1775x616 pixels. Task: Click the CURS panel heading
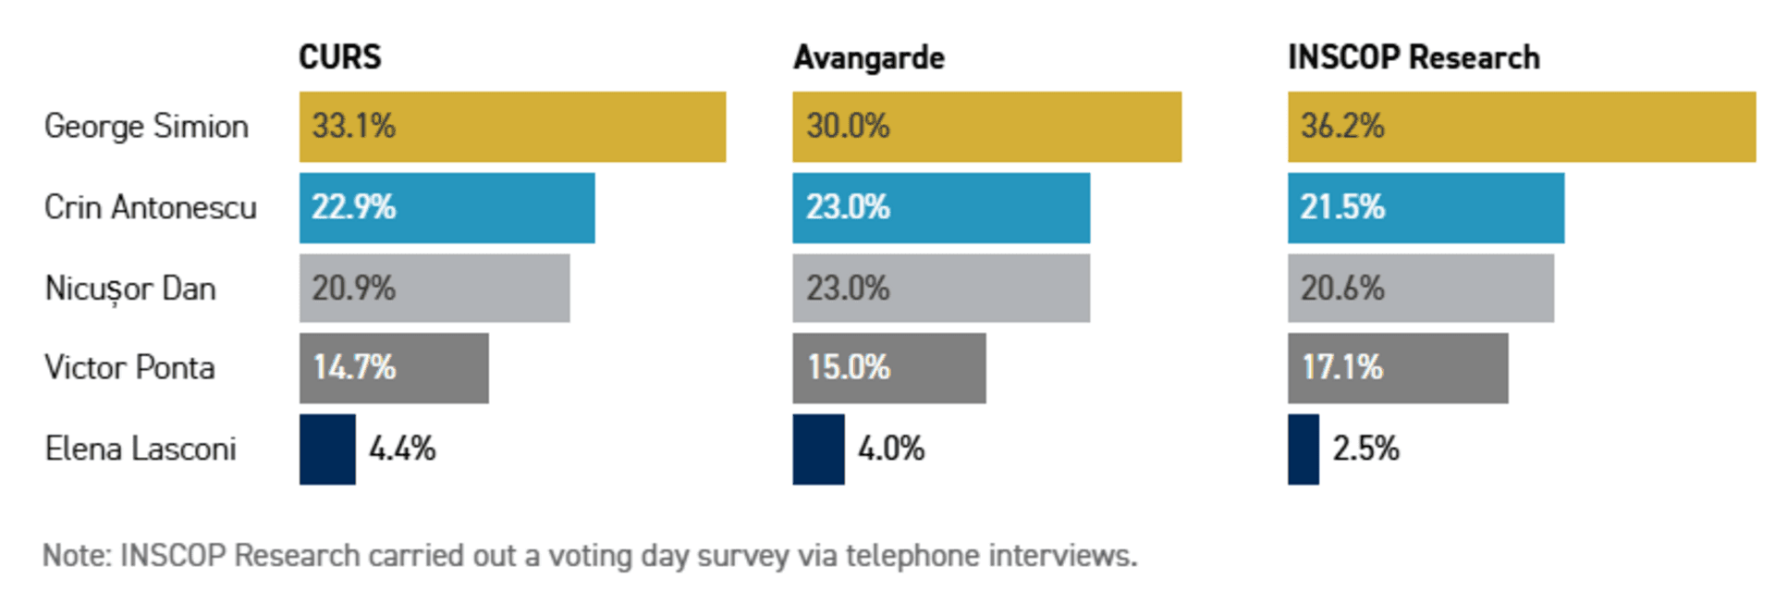[339, 57]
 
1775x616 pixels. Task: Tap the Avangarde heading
[868, 58]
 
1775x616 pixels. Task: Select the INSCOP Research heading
[1413, 57]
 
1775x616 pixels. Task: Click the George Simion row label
[146, 126]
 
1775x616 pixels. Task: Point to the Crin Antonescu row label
[150, 207]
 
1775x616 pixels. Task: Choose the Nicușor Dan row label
[130, 289]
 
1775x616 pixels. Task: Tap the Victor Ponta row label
[129, 368]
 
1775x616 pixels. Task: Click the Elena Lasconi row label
[141, 449]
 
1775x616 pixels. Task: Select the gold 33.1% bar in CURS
[512, 127]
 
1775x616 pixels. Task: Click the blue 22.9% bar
[447, 207]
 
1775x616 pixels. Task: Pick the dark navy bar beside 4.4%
[327, 449]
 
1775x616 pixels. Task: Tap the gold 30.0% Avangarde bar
[986, 127]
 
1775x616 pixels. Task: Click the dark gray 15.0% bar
[888, 368]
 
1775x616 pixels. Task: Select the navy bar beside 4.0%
[818, 449]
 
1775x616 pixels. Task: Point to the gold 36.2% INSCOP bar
[1521, 127]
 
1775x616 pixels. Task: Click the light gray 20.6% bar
[1420, 289]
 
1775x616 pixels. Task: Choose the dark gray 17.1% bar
[1397, 368]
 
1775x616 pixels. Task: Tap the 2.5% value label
[1365, 449]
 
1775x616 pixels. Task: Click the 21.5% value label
[1341, 207]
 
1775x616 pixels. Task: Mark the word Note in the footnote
[76, 555]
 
